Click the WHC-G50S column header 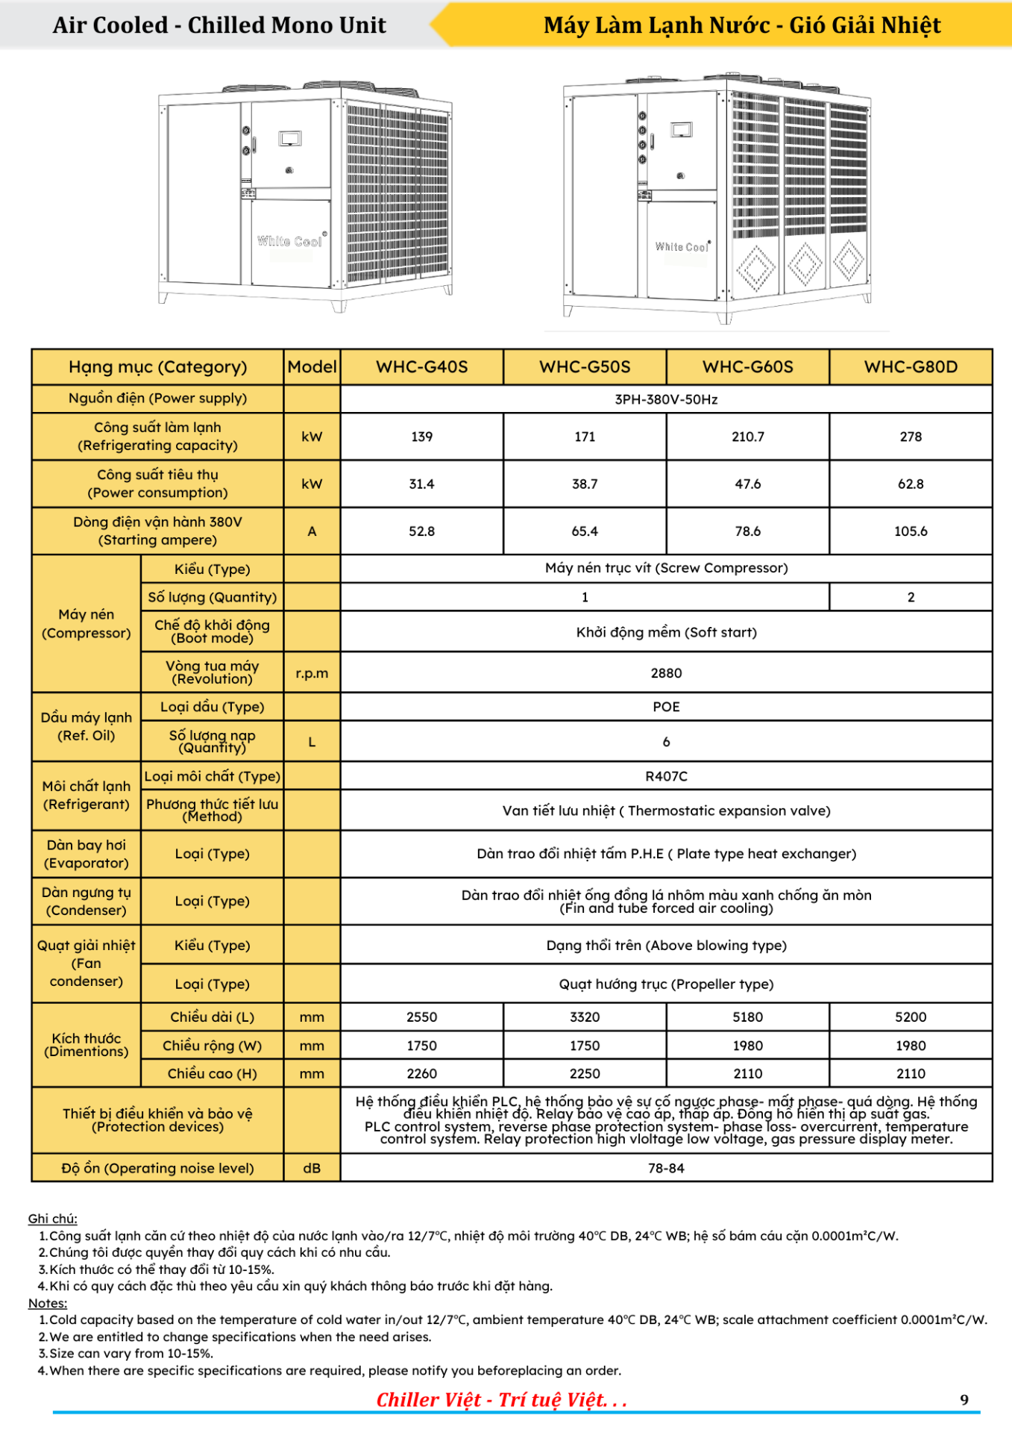click(x=585, y=366)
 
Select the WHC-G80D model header click(x=911, y=366)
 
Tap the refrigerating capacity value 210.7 click(x=747, y=437)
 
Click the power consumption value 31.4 click(x=421, y=484)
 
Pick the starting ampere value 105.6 click(x=911, y=531)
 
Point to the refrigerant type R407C click(x=666, y=776)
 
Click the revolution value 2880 click(x=666, y=672)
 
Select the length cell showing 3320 click(x=585, y=1017)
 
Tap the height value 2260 click(x=421, y=1073)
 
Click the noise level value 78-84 click(x=666, y=1168)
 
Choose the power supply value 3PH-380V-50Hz click(x=666, y=399)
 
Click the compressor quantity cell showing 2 click(x=911, y=597)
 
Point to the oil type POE click(x=666, y=707)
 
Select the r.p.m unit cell click(x=312, y=672)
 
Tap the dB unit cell click(x=312, y=1168)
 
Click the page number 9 click(x=964, y=1399)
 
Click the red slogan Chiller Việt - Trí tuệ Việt click(x=501, y=1399)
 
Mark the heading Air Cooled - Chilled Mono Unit click(x=219, y=25)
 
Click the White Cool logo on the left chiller click(x=290, y=241)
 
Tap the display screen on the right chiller click(x=682, y=130)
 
